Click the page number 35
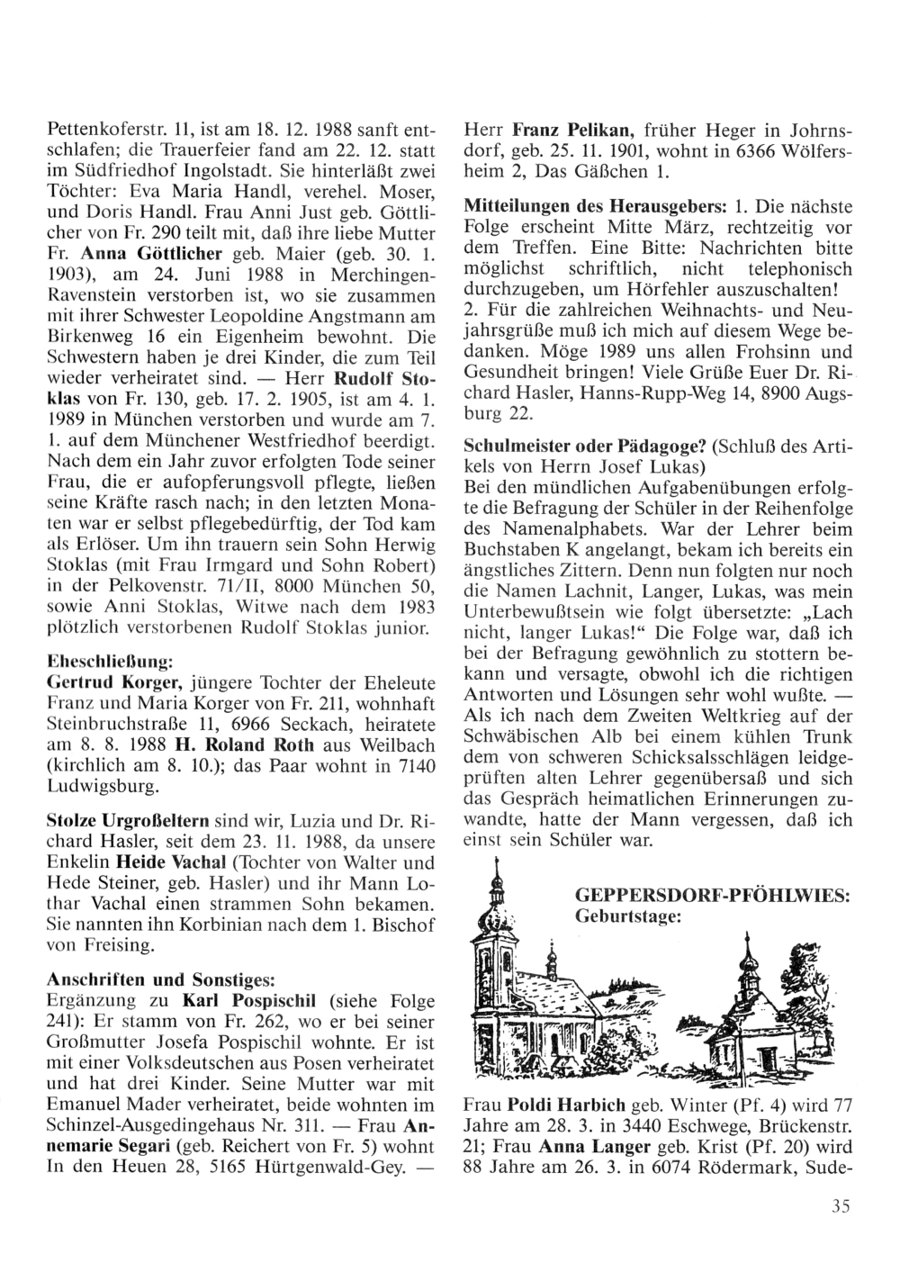[841, 1208]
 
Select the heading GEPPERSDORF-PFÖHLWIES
[712, 898]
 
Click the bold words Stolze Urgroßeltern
[127, 822]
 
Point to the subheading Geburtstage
[627, 916]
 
